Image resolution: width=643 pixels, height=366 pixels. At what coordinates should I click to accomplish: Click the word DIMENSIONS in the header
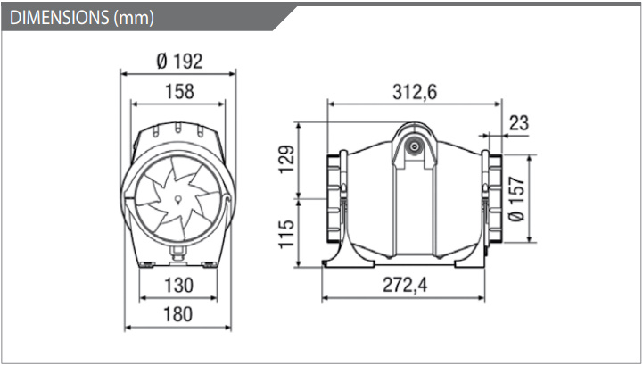tap(58, 18)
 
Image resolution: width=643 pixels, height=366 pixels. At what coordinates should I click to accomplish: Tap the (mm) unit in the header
tap(133, 19)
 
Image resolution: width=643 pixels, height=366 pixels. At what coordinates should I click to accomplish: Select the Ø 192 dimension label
tap(179, 62)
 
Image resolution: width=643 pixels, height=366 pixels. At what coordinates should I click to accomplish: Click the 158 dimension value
tap(179, 91)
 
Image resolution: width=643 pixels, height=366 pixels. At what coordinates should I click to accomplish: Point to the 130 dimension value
tap(178, 285)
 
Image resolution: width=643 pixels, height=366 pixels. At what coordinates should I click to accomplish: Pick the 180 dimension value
tap(178, 314)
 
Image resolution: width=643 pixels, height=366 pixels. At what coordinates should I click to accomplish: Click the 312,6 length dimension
tap(415, 92)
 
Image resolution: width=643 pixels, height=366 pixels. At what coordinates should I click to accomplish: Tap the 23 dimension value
tap(519, 122)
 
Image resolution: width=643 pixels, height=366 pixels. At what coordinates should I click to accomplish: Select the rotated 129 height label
tap(286, 159)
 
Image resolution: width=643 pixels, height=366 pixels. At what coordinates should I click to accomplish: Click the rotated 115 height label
tap(286, 234)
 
